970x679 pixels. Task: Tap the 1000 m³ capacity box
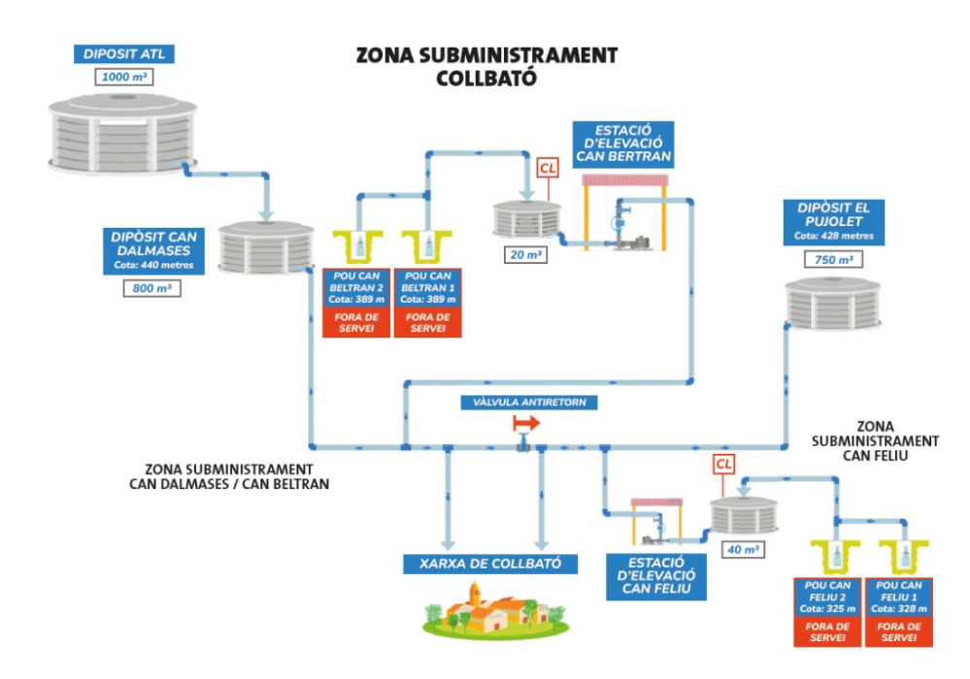click(122, 77)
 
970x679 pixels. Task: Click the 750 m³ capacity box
click(833, 260)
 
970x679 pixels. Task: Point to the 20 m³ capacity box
click(523, 255)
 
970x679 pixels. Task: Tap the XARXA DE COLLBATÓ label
click(490, 564)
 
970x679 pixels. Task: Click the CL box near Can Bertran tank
click(549, 167)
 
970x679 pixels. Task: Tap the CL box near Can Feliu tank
click(724, 465)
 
